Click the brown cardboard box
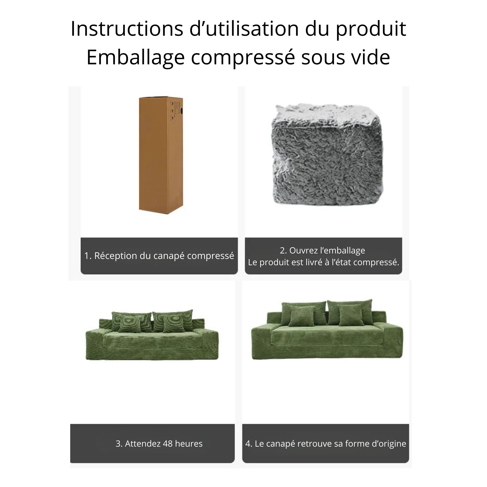click(161, 155)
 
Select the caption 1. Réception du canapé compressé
click(159, 256)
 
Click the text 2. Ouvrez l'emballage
click(322, 250)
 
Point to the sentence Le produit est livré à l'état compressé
click(323, 262)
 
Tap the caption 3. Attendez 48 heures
click(159, 443)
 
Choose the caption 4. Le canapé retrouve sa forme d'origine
click(326, 443)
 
